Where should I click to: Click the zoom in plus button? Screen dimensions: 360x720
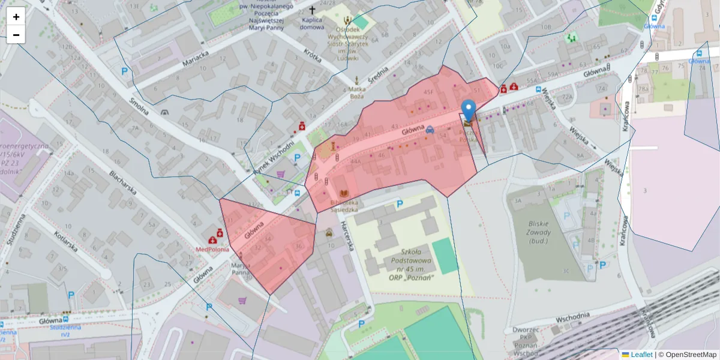16,17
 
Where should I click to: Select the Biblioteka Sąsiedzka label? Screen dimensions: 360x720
344,206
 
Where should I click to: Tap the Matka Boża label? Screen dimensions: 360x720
356,92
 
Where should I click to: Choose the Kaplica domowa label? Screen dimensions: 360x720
311,23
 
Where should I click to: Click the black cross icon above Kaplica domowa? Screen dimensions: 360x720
311,10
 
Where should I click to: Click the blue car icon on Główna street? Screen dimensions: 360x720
430,129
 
